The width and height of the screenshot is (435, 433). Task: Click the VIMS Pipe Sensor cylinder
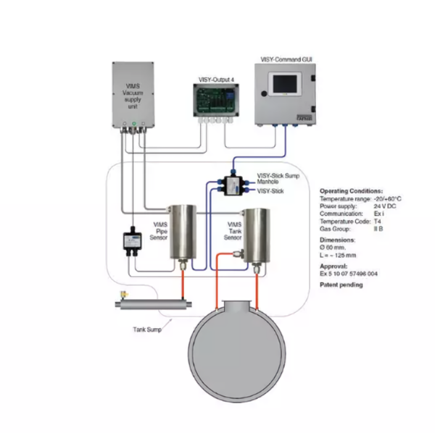coord(184,232)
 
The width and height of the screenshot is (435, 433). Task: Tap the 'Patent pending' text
coord(341,285)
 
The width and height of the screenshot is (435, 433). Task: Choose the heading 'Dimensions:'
coord(338,239)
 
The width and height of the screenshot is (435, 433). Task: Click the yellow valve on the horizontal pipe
coord(124,294)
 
